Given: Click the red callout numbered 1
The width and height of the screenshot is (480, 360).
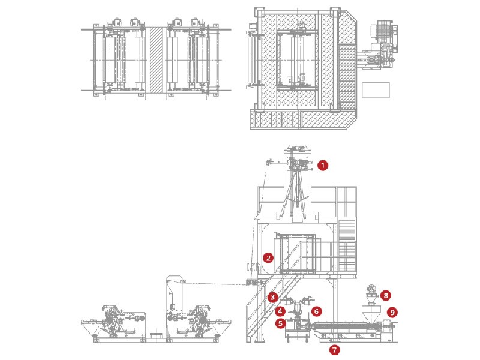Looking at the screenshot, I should point(323,165).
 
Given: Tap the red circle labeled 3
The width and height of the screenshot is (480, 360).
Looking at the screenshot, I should point(272,297).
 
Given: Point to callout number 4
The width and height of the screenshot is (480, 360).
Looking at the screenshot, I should point(280,311).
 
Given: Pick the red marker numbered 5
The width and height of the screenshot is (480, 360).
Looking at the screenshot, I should point(280,323).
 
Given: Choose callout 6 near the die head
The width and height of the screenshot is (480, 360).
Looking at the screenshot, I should point(317,312).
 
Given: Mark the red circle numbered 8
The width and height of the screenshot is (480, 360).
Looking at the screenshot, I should point(386,295).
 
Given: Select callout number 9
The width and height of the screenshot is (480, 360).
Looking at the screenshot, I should point(392,312).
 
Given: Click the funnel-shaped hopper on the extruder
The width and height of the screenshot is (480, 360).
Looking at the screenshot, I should point(371,313).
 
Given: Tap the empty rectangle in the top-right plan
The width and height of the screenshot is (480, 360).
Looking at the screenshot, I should point(376,90).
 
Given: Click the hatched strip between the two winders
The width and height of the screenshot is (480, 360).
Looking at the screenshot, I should point(157,60).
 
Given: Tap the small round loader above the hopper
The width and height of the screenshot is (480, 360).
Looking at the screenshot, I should point(372,293).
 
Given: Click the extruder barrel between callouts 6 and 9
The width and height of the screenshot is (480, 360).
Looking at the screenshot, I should point(345,328).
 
